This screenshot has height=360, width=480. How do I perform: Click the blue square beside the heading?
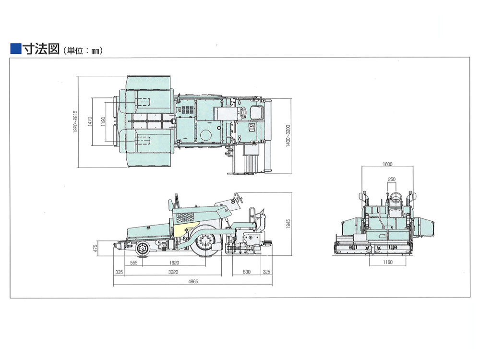pyautogui.click(x=16, y=49)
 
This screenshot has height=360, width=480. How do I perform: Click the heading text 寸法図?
pyautogui.click(x=41, y=49)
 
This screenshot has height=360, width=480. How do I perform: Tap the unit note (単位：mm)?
pyautogui.click(x=83, y=50)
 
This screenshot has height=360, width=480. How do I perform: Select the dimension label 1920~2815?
pyautogui.click(x=75, y=121)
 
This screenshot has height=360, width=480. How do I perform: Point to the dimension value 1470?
pyautogui.click(x=90, y=121)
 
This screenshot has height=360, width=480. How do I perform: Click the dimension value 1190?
pyautogui.click(x=103, y=121)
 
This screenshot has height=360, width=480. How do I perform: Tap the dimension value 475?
pyautogui.click(x=95, y=248)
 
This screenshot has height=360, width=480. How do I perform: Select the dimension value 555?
pyautogui.click(x=134, y=263)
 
